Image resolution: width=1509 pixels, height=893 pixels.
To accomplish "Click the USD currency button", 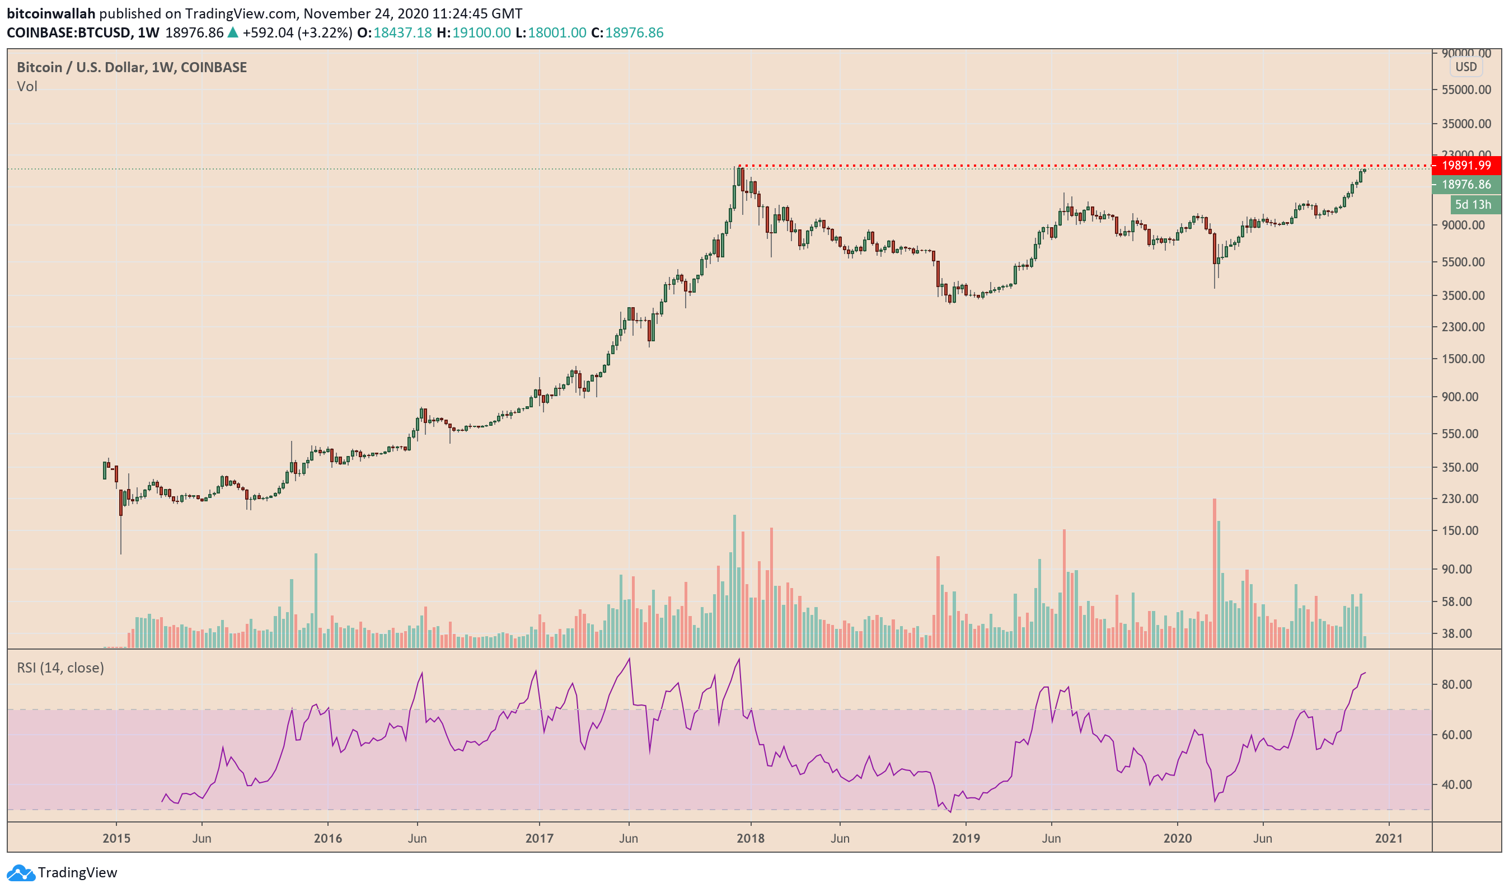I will point(1466,67).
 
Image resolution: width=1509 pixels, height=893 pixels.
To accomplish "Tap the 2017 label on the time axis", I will point(540,838).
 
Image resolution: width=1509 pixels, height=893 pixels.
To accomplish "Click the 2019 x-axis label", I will point(966,838).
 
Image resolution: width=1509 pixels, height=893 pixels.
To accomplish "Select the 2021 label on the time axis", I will point(1389,838).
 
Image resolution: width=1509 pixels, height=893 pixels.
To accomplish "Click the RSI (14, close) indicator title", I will point(60,668).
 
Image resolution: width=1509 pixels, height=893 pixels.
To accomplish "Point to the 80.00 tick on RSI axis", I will point(1458,685).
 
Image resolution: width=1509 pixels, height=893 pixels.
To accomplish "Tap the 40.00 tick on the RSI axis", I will point(1458,784).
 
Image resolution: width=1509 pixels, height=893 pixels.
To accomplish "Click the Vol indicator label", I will point(27,87).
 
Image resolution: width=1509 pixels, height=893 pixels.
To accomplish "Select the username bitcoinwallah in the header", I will point(51,13).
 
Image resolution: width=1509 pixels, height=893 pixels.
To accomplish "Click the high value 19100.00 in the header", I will point(481,32).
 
